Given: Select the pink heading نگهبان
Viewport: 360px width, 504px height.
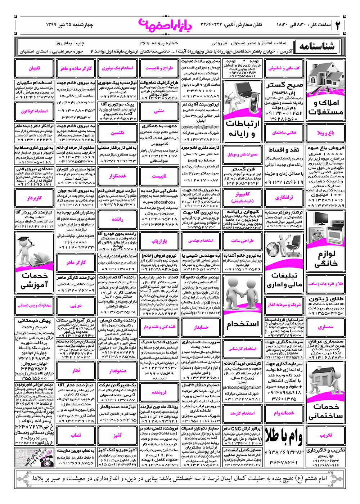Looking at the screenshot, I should (x=34, y=68).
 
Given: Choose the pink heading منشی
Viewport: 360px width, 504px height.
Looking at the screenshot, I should (x=159, y=111).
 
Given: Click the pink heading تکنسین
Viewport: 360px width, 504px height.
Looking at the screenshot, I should (x=117, y=133).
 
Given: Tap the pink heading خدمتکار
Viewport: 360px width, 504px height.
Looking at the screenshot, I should (x=117, y=176).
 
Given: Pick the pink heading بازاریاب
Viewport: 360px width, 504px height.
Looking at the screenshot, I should (x=159, y=241).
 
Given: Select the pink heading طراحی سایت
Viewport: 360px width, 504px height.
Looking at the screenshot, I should (x=242, y=241).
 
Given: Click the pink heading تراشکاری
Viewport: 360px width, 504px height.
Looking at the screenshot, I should (x=284, y=198).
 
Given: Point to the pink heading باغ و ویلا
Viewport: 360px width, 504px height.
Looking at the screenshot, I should (x=326, y=133).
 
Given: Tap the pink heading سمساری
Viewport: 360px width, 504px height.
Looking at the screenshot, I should (x=326, y=327).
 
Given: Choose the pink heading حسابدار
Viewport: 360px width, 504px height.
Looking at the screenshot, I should (x=201, y=327).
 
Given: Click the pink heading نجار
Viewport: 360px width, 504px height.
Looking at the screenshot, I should (x=76, y=370).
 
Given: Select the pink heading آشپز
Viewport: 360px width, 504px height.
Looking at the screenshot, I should (x=117, y=435).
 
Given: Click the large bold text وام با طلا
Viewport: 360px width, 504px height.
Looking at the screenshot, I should (x=284, y=436).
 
